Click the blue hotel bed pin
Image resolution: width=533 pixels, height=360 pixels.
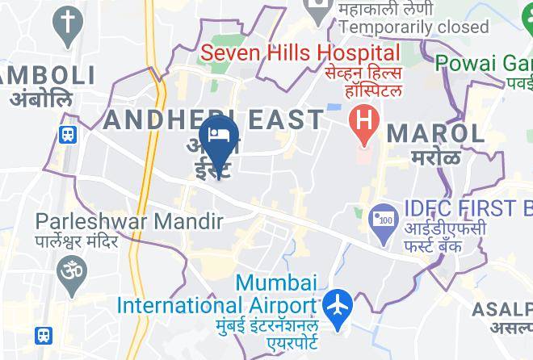point(217,136)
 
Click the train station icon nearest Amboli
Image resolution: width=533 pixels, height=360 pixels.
point(67,134)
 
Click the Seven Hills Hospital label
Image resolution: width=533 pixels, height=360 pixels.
point(300,54)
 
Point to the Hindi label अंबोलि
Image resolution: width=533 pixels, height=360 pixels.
point(40,99)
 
